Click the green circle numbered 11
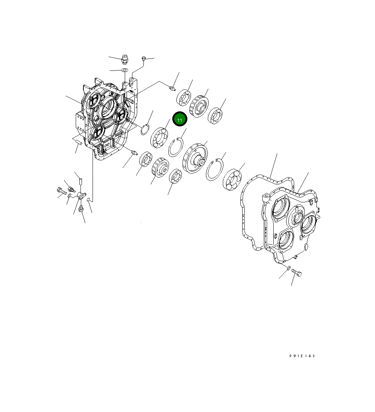tap(180, 119)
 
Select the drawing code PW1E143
tap(302, 356)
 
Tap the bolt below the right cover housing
tap(297, 273)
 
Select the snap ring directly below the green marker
tap(175, 148)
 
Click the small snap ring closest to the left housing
tap(145, 129)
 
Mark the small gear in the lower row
tap(160, 168)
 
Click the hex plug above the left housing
tap(124, 59)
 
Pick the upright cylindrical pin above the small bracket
tap(80, 182)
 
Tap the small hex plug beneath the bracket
tap(82, 209)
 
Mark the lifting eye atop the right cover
tap(266, 197)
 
